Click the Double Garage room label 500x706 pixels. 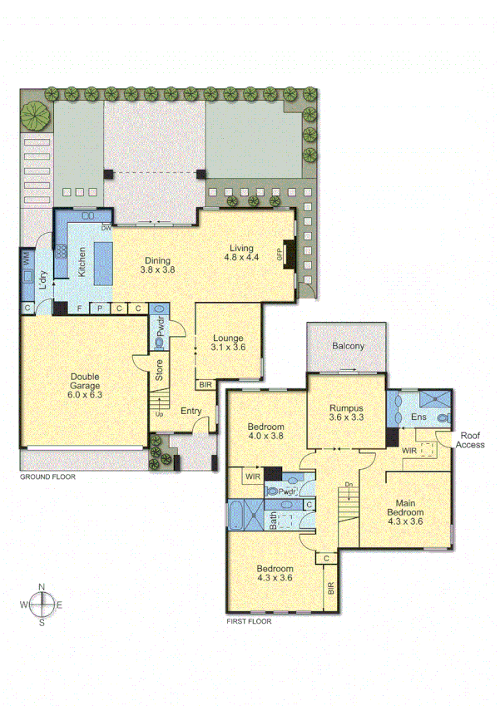point(85,386)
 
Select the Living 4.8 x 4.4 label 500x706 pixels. point(242,252)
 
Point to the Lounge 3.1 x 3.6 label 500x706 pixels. point(227,343)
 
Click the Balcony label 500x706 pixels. point(347,346)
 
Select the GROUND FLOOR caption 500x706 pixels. point(47,477)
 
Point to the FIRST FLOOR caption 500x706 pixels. point(250,620)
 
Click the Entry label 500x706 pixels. point(191,412)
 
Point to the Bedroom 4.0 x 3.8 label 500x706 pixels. point(267,432)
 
